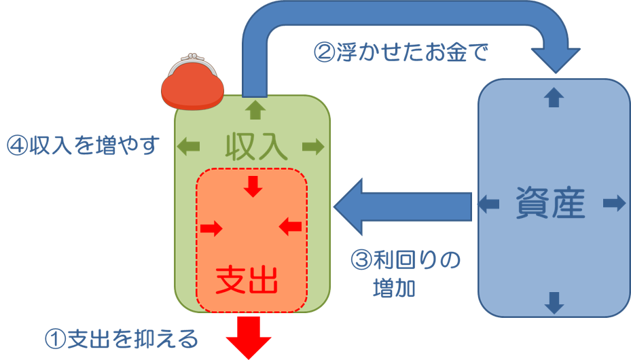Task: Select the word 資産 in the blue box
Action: click(x=551, y=202)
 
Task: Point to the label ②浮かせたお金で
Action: click(x=401, y=52)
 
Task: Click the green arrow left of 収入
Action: click(x=189, y=145)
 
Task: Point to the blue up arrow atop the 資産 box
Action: click(x=554, y=98)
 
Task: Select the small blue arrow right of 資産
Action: click(x=613, y=203)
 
